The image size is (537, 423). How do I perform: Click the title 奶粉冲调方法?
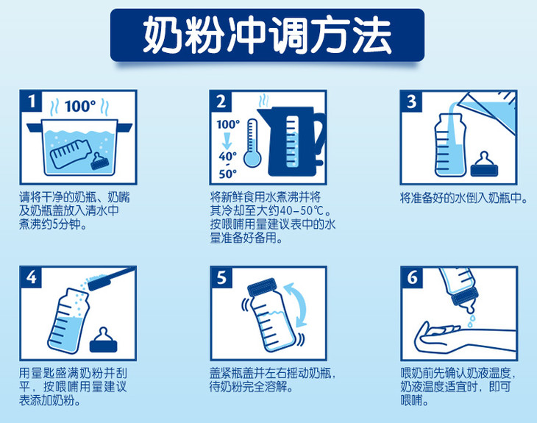point(267,35)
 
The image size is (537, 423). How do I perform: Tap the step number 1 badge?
point(31,102)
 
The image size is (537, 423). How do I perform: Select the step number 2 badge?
point(221,102)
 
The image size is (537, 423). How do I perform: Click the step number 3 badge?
point(412,102)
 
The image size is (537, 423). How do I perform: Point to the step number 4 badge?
point(31,277)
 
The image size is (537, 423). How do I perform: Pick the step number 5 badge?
point(221,277)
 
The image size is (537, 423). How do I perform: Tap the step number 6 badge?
point(412,277)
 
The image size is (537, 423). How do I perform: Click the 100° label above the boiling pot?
point(80,106)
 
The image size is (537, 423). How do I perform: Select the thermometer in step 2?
point(252,143)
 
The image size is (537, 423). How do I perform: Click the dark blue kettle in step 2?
point(291,141)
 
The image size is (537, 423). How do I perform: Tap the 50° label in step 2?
point(228,174)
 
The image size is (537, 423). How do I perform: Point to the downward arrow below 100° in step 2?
point(227,141)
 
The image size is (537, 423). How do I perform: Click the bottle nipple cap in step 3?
point(484,164)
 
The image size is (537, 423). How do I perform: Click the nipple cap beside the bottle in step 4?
point(103,340)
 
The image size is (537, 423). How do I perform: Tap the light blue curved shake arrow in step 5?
point(298,305)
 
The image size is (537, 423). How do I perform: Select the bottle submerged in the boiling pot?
point(71,153)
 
